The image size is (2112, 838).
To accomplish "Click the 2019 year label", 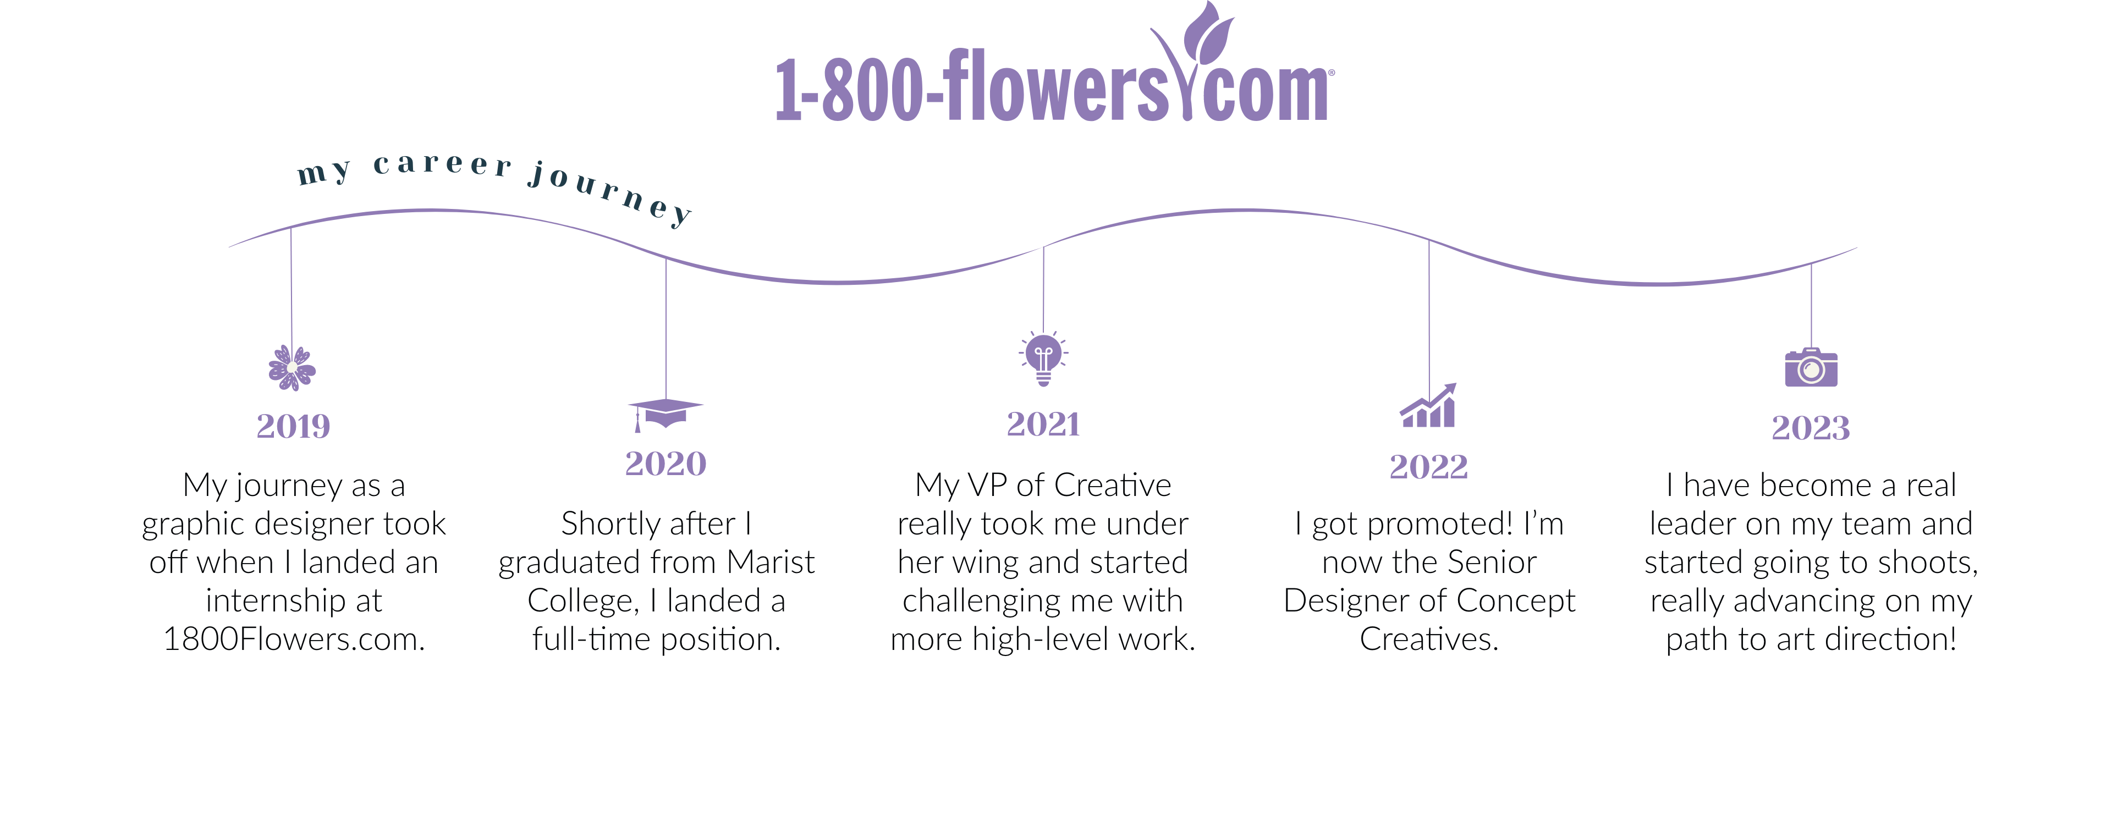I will pos(293,426).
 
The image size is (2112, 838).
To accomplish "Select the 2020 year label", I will pos(665,464).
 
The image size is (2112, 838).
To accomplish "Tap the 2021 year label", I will pos(1043,424).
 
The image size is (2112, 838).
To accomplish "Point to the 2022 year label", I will pos(1428,467).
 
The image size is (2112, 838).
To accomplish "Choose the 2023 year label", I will pos(1810,428).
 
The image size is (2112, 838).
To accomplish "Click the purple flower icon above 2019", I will pos(292,367).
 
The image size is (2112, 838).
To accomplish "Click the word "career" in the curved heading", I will pos(443,164).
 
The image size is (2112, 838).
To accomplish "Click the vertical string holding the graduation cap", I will pos(665,328).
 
